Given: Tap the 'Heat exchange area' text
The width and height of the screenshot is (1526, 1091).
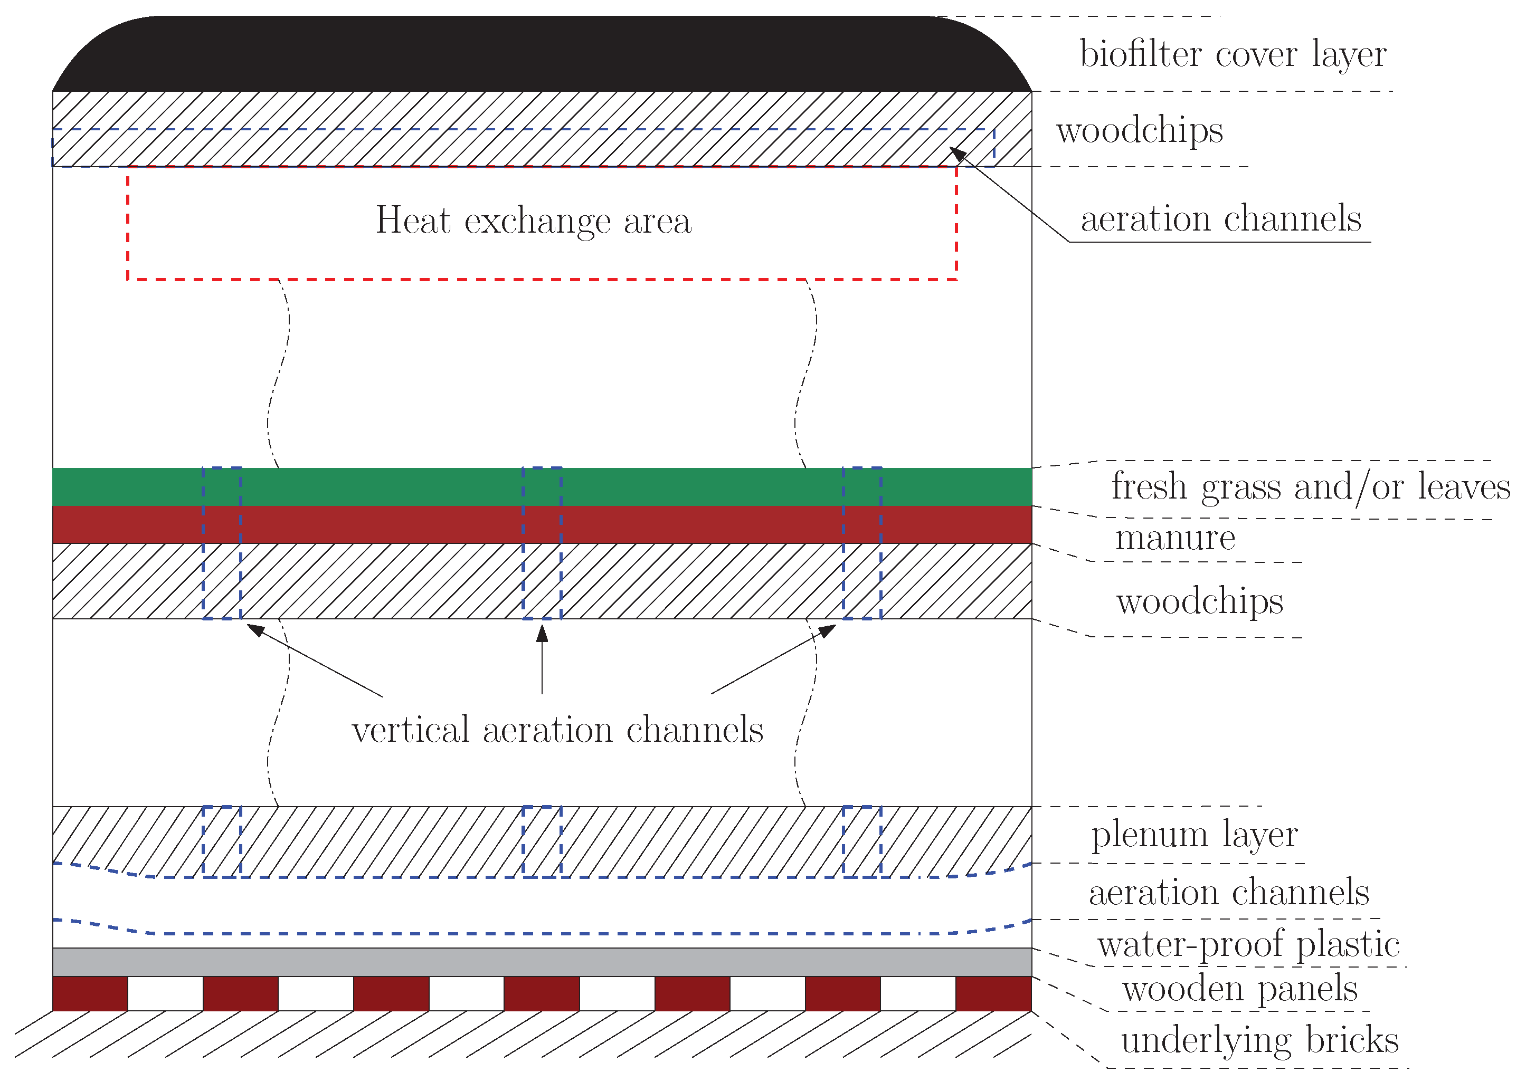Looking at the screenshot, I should point(533,221).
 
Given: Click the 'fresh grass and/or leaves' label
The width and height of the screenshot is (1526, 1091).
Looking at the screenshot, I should point(1310,486).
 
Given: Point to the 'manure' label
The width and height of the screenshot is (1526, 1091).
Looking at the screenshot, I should point(1174,538).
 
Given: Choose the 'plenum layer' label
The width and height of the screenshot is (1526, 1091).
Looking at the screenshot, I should point(1194,835).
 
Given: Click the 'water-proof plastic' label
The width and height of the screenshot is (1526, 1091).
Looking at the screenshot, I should point(1248,944).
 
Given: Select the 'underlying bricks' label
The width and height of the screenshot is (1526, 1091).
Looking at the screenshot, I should point(1259,1040).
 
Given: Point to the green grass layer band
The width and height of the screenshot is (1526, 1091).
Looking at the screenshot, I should point(403,486).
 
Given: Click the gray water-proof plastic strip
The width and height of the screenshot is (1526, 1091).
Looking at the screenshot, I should point(542,962).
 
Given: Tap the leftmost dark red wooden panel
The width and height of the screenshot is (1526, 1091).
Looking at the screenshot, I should point(90,993).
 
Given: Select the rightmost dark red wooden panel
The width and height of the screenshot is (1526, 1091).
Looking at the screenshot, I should point(993,993).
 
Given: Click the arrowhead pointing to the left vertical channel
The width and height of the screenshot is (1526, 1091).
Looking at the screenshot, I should point(255,630).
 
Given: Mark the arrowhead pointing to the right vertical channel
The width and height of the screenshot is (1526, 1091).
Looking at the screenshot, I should point(827,630).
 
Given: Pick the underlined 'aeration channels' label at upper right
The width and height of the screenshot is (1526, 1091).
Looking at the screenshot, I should point(1220,219).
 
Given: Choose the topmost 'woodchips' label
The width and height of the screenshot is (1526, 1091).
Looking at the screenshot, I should point(1140,130).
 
